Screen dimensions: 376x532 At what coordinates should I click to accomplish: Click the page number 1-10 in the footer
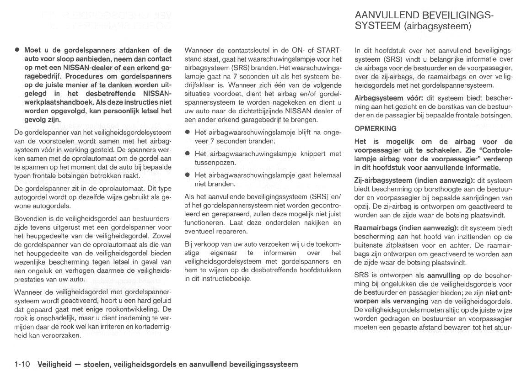(x=22, y=364)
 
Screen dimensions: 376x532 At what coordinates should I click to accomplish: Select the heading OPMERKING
(x=376, y=129)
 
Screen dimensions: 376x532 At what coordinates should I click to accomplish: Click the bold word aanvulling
(x=444, y=275)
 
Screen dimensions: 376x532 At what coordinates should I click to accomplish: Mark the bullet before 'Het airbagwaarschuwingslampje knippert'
(x=188, y=154)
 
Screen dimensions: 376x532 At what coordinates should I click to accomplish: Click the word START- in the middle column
(x=329, y=50)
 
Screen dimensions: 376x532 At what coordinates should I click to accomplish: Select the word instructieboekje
(x=217, y=279)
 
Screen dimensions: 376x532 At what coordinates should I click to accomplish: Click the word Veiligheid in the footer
(x=54, y=364)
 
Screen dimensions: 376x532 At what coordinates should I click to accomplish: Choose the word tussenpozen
(x=215, y=163)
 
